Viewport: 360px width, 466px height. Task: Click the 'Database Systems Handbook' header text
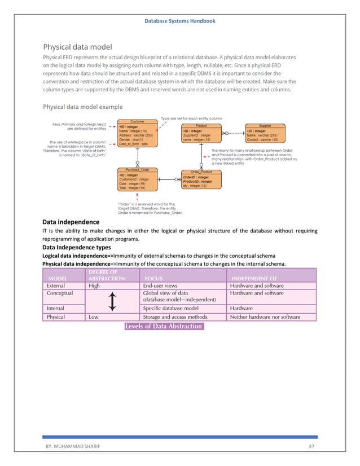click(179, 21)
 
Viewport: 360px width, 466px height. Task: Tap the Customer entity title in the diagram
click(138, 121)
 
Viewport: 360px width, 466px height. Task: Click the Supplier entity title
click(265, 126)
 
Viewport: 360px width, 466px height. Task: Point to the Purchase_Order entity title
click(138, 170)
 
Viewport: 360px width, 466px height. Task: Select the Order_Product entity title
click(201, 172)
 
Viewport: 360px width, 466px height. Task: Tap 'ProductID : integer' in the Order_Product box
click(197, 181)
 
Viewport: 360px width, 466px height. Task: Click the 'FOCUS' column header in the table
click(154, 278)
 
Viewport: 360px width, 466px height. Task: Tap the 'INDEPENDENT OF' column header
click(254, 278)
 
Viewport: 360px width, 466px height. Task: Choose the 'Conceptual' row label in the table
click(60, 293)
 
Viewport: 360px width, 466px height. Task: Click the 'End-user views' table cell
click(160, 285)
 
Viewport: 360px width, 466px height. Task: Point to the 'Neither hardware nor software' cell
click(265, 317)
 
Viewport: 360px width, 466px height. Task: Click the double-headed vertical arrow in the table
click(113, 301)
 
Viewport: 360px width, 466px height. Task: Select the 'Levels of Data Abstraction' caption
click(163, 326)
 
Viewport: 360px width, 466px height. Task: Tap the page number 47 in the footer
click(311, 446)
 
